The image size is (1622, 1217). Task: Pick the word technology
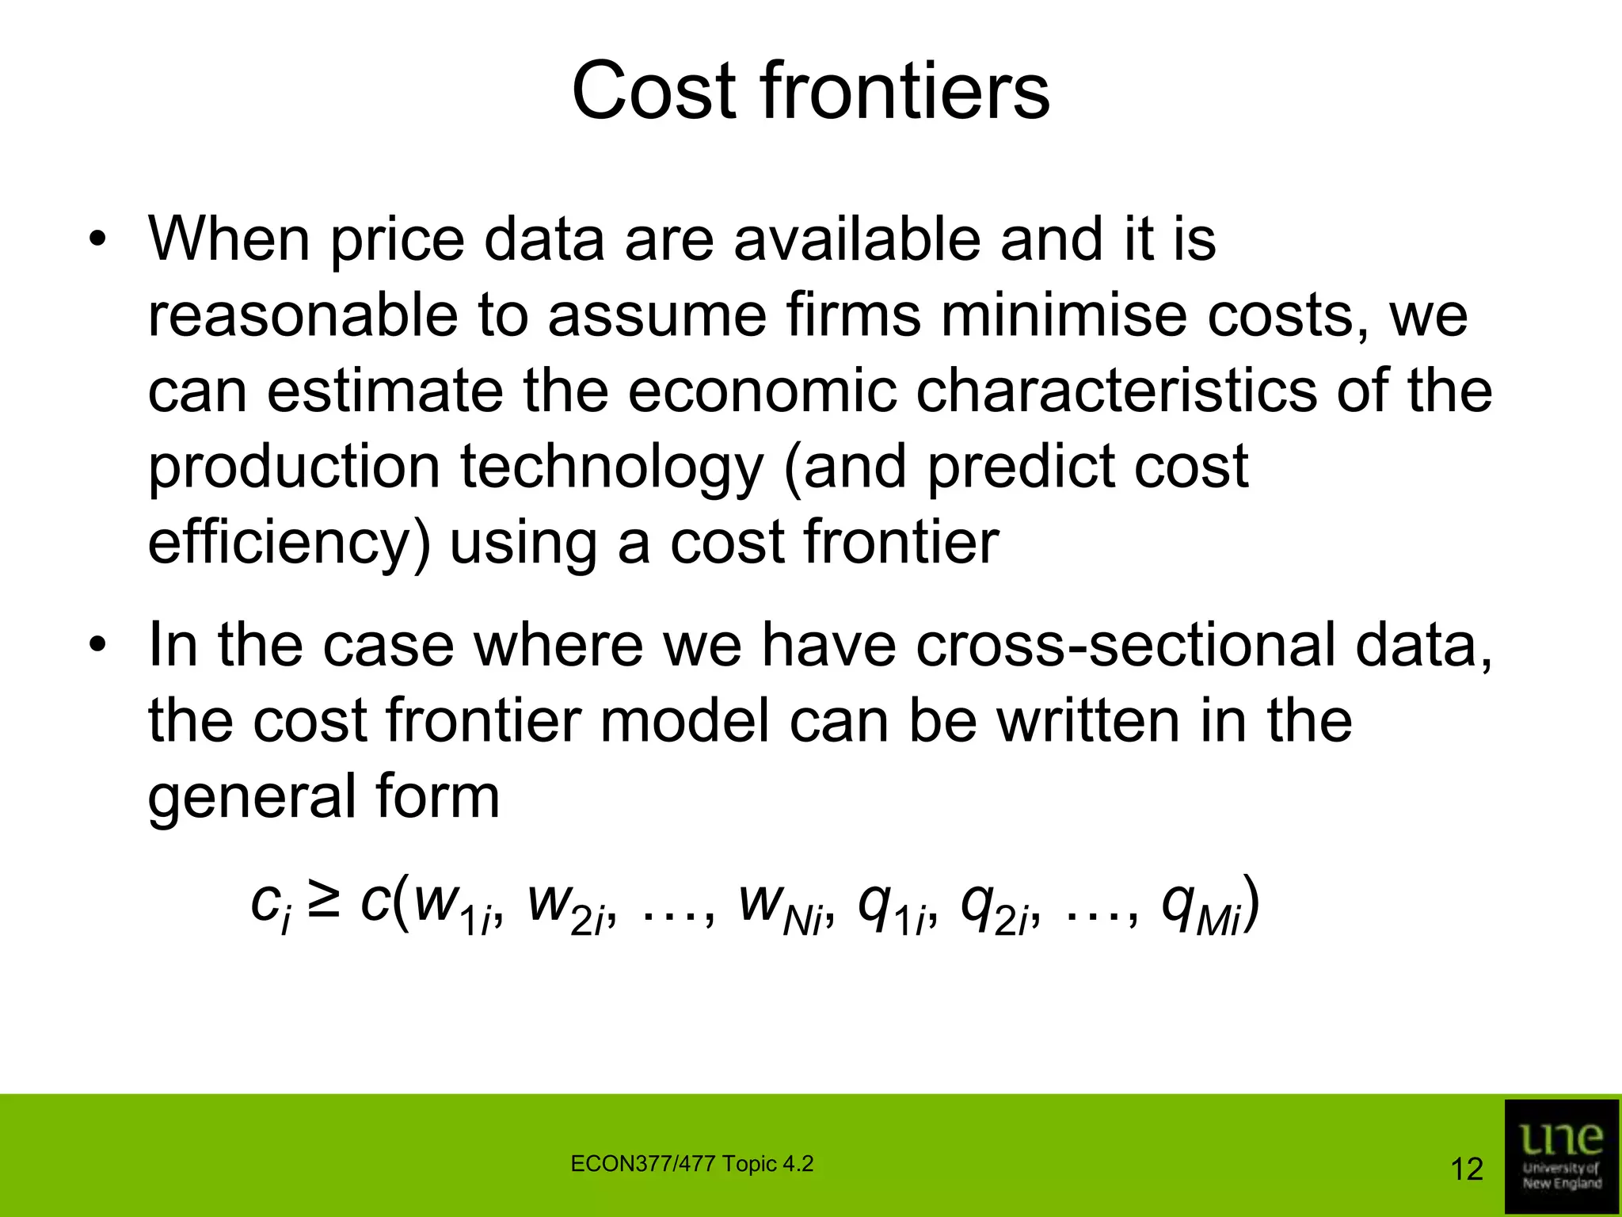(611, 467)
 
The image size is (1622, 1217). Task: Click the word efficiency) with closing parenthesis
(290, 544)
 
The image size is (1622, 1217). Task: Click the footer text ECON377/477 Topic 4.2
(691, 1164)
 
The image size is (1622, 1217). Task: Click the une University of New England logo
(1561, 1156)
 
